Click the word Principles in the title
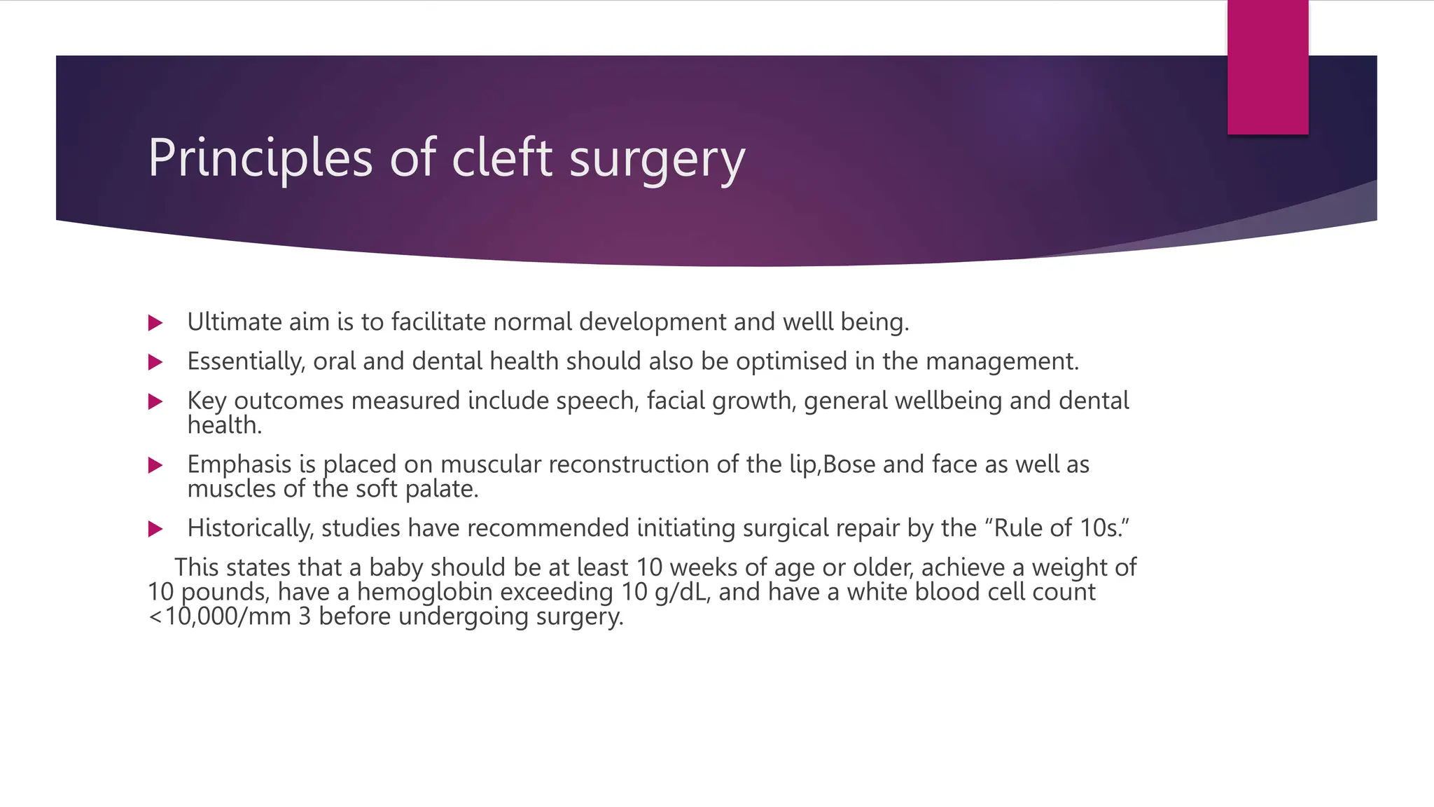coord(260,158)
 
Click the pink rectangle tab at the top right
coord(1267,67)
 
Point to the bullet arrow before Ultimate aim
coord(155,323)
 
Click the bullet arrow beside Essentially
coord(155,362)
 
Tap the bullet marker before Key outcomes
coord(155,401)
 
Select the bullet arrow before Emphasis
coord(155,465)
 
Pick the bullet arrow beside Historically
coord(155,529)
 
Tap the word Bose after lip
coord(849,464)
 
